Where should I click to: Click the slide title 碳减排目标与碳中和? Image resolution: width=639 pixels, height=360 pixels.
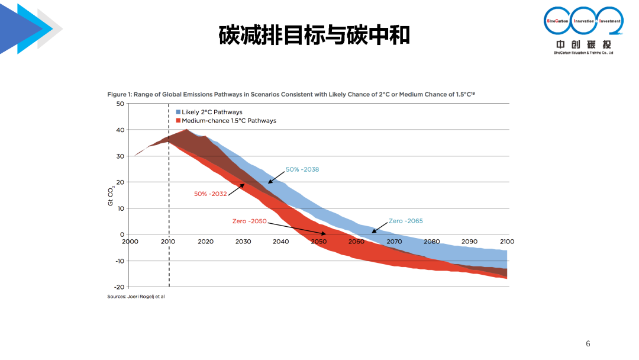(314, 35)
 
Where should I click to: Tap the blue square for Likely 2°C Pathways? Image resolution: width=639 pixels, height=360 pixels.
(177, 112)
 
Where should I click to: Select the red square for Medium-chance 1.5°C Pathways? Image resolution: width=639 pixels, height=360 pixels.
(177, 121)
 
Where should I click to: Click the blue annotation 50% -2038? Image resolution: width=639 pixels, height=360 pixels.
(302, 169)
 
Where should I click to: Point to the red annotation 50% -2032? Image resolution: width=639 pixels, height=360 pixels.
(210, 194)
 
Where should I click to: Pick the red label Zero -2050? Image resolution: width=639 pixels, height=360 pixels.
(249, 221)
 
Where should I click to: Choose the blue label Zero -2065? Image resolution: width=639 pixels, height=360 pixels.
(406, 221)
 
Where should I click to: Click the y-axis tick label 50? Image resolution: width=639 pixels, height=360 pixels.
(120, 104)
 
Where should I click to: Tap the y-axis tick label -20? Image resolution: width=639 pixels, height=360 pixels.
(119, 287)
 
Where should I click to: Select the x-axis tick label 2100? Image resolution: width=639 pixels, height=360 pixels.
(507, 242)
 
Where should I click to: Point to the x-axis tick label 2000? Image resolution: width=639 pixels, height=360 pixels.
(130, 242)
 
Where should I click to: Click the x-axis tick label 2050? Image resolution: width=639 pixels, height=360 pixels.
(318, 242)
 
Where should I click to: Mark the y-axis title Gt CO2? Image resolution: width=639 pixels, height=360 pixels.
(111, 195)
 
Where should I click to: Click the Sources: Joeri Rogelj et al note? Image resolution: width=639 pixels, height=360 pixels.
(135, 296)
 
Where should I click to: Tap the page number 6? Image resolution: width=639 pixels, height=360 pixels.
(588, 344)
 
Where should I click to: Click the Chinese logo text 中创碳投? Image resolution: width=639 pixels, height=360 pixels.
(583, 44)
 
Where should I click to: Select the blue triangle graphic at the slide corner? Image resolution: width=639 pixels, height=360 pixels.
(24, 28)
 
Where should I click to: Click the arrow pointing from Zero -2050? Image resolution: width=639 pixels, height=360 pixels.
(296, 229)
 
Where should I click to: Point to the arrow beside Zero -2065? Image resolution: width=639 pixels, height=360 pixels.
(379, 227)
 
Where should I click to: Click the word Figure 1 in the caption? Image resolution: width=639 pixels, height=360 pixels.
(118, 94)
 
